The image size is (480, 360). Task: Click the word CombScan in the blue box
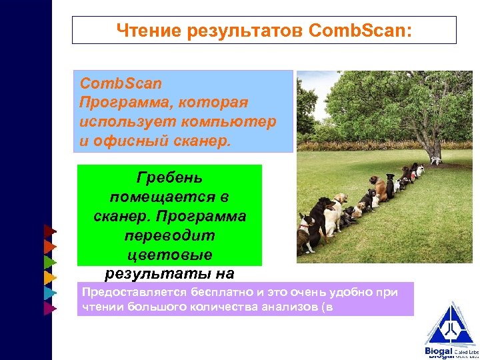[121, 84]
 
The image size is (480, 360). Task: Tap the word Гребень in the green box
[169, 179]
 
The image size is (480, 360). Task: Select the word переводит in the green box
[169, 236]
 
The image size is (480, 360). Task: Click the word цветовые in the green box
[169, 255]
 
